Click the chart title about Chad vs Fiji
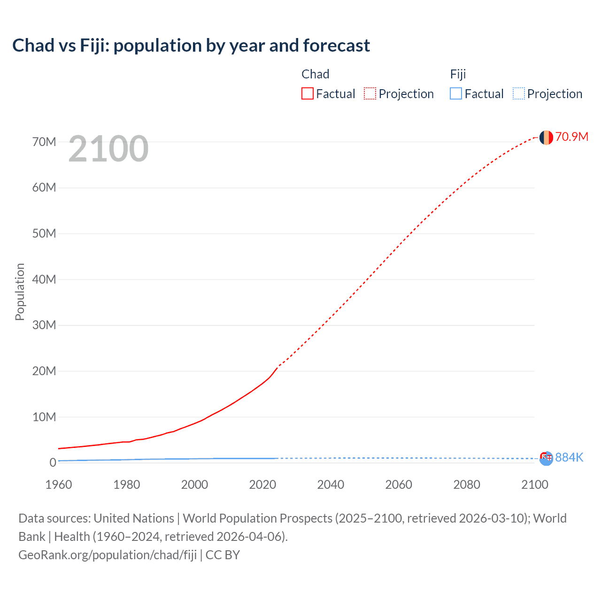[x=191, y=46]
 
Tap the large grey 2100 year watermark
[x=108, y=149]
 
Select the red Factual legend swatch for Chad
[x=308, y=93]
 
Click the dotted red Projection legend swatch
[x=370, y=93]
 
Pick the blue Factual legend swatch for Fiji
[x=456, y=93]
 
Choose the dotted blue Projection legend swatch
[x=518, y=93]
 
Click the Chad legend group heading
[x=315, y=74]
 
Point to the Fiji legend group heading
[x=458, y=74]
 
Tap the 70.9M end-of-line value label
[x=571, y=137]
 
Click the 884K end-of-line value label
[x=569, y=457]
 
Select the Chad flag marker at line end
[x=546, y=137]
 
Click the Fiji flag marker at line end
[x=546, y=458]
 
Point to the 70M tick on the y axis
[x=44, y=142]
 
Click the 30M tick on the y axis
[x=44, y=325]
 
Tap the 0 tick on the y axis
[x=53, y=462]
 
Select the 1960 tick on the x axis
[x=59, y=485]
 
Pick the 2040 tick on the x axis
[x=331, y=485]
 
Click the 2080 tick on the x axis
[x=467, y=485]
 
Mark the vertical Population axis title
[x=20, y=292]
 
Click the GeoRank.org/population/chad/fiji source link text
[x=108, y=555]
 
